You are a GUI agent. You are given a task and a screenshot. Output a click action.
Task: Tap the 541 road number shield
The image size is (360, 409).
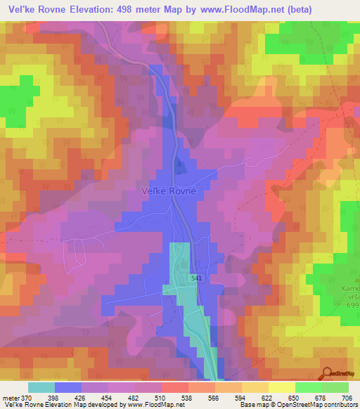coord(197,279)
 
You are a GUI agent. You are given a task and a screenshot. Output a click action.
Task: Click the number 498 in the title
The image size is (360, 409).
coord(124,8)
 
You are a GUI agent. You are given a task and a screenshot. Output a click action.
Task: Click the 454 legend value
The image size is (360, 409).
coord(108,397)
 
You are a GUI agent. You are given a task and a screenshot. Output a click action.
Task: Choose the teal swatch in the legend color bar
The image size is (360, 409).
coord(41,387)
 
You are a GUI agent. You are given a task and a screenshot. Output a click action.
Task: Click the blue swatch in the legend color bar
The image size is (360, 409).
coord(67,387)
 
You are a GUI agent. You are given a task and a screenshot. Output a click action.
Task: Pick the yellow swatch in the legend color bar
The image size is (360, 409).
coord(281,387)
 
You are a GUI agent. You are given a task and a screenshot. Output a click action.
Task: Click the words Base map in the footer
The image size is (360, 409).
coord(251,405)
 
